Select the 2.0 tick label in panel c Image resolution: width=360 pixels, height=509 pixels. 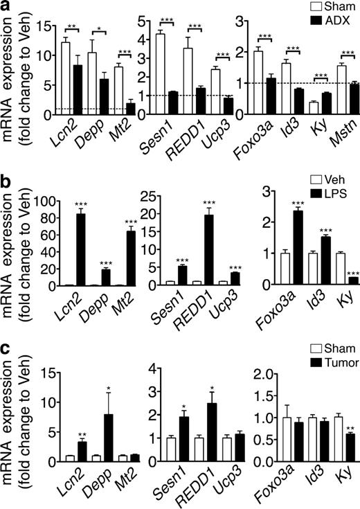point(255,376)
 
